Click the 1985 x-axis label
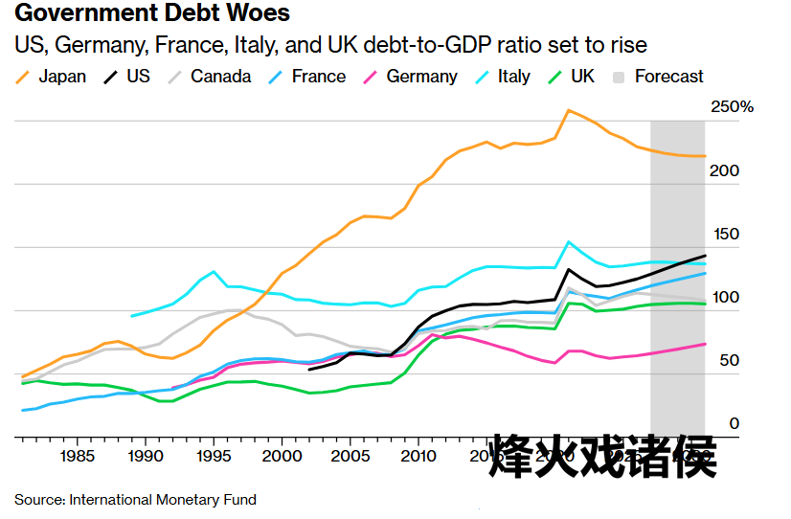[76, 456]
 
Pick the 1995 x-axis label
[213, 456]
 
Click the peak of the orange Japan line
[569, 110]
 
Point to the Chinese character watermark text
[602, 457]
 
